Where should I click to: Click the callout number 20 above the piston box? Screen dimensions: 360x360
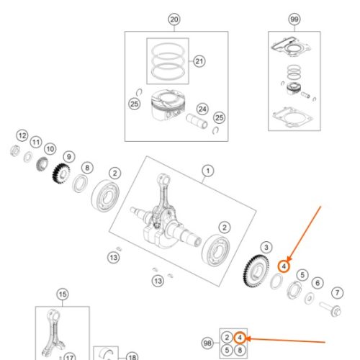tap(174, 19)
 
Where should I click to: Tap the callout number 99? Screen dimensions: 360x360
tap(294, 19)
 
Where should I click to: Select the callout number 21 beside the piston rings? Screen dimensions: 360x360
tap(199, 61)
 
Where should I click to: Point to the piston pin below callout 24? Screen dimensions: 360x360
tap(197, 121)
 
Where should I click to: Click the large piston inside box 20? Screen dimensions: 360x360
tap(168, 105)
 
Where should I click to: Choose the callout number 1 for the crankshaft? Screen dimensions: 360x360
tap(208, 171)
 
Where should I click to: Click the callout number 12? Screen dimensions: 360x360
tap(22, 135)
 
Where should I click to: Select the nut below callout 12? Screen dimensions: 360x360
tap(15, 151)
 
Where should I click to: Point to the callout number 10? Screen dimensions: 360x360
tap(50, 149)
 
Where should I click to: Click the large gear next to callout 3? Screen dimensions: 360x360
tap(256, 271)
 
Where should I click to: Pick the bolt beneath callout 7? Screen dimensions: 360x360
tap(330, 309)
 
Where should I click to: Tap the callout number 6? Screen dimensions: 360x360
tap(318, 283)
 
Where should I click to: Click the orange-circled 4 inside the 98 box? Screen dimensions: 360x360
tap(240, 338)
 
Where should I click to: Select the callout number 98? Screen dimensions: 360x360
tap(207, 343)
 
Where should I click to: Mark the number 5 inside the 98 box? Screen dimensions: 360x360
tap(227, 350)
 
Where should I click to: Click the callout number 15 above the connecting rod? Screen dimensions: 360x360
tap(63, 294)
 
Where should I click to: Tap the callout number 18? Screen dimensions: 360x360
tap(132, 357)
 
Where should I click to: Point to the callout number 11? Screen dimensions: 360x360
tap(36, 143)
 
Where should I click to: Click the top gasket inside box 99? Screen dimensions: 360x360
tap(291, 47)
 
